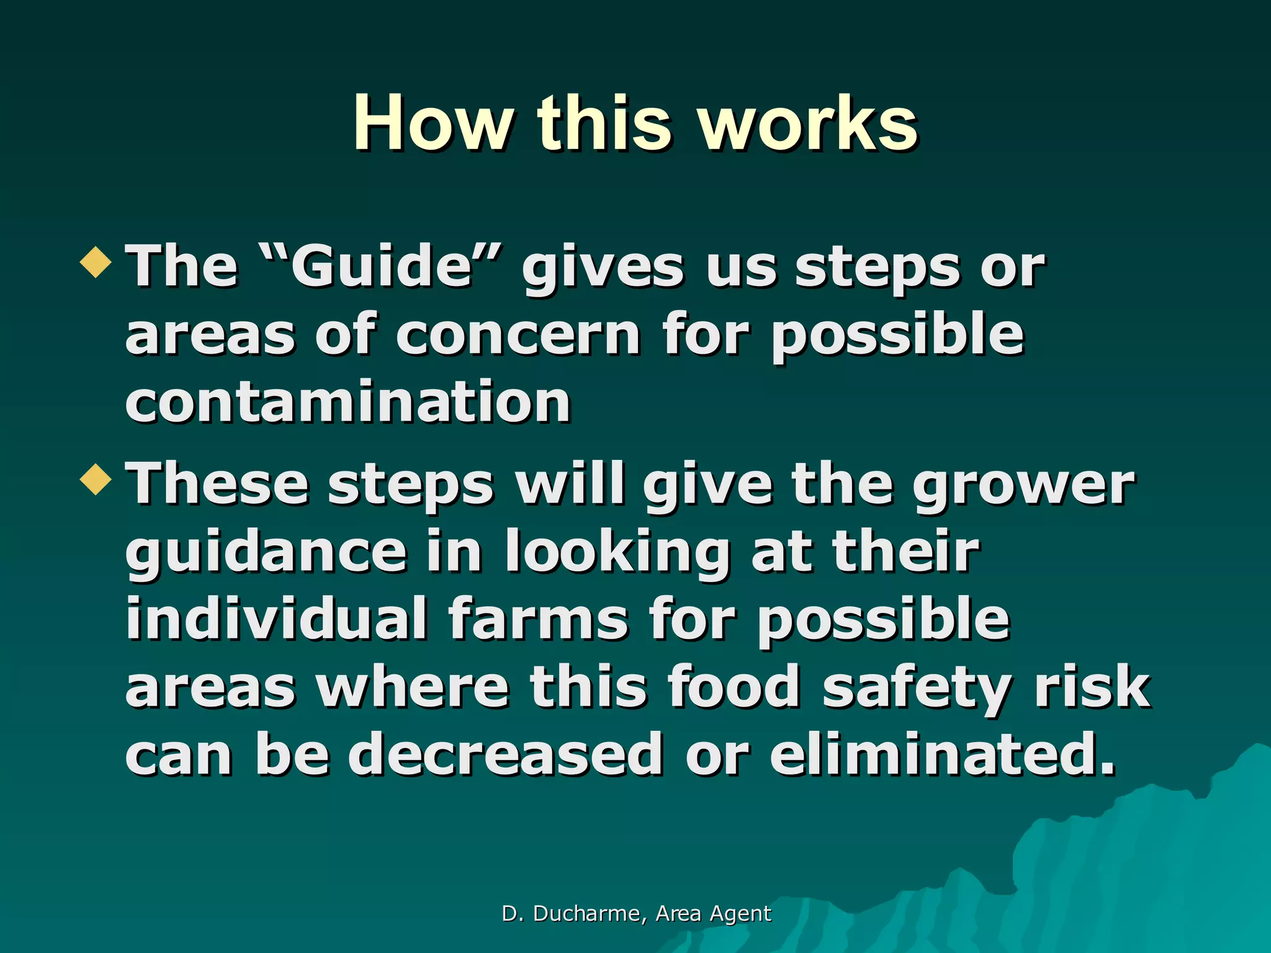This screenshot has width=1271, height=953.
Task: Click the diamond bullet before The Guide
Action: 96,261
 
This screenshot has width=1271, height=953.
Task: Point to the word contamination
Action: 348,402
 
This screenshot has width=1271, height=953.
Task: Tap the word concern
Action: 518,335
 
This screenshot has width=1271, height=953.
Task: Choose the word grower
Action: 1023,486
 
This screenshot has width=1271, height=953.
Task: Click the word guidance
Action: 266,552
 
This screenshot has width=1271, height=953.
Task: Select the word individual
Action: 276,619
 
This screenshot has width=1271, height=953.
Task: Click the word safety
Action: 917,687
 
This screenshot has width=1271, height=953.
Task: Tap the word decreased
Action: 505,754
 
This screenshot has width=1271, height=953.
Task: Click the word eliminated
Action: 943,754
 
